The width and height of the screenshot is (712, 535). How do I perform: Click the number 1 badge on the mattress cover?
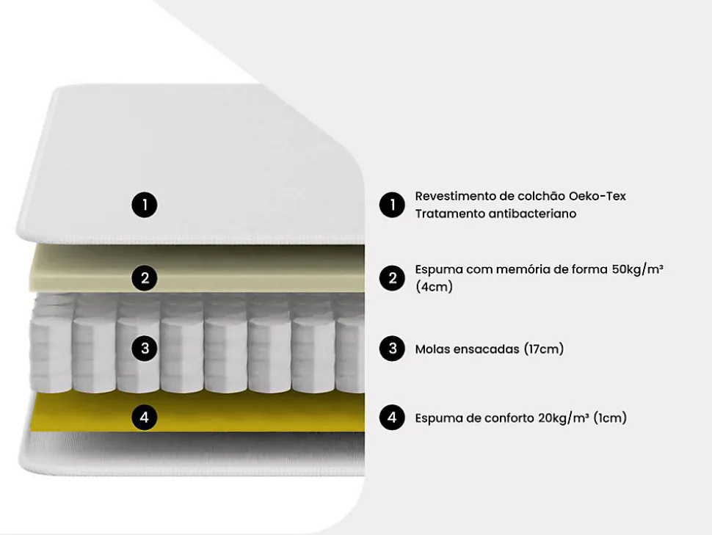click(x=145, y=205)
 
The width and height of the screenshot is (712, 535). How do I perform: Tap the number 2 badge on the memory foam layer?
click(x=145, y=278)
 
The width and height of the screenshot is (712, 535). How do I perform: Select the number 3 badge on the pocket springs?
click(x=145, y=349)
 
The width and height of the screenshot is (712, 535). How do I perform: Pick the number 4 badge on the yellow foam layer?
click(x=145, y=418)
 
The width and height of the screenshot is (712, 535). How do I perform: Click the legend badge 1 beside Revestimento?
click(x=392, y=205)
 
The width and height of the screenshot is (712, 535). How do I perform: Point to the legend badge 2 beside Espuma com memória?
click(x=392, y=278)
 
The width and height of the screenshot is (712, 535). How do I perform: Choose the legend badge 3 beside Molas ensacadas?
click(x=392, y=349)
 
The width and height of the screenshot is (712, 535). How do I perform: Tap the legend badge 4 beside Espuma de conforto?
click(x=392, y=418)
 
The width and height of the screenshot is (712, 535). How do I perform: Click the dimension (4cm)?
click(x=434, y=287)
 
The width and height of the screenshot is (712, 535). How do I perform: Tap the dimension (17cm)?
click(x=544, y=349)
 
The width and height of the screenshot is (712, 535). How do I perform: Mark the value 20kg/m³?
click(x=564, y=418)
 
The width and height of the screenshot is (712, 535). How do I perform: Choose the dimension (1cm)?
click(x=610, y=418)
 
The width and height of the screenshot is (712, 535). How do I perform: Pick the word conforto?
click(x=509, y=418)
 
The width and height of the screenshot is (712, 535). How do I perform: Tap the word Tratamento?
click(x=448, y=214)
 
